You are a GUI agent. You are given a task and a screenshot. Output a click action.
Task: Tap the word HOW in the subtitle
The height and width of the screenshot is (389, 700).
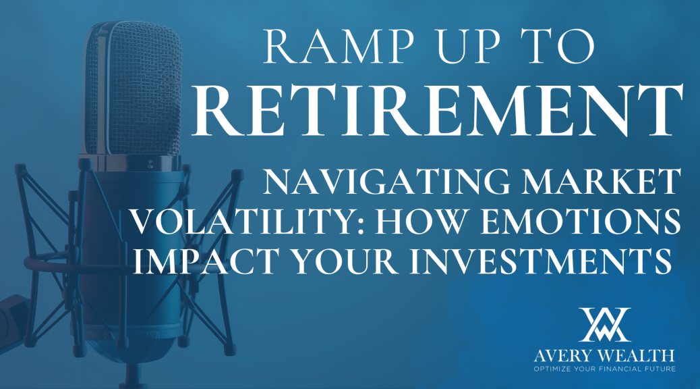pos(419,221)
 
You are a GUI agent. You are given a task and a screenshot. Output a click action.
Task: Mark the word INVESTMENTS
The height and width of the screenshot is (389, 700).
pos(541,261)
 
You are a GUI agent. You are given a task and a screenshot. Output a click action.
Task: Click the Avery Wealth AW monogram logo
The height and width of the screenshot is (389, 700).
pos(604,325)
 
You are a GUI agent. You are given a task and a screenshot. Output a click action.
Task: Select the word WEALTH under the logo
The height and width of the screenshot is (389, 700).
pos(636,356)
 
